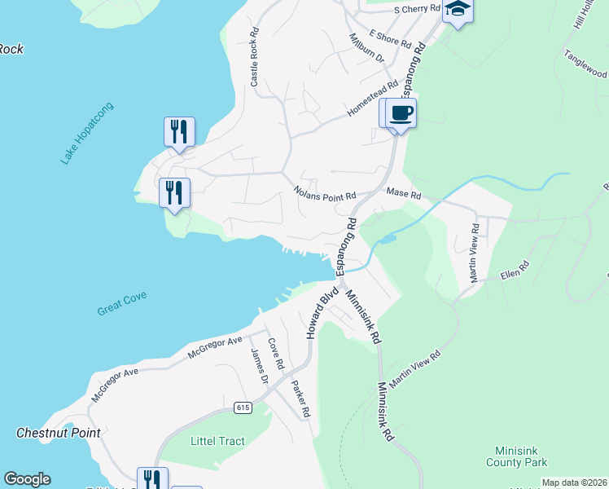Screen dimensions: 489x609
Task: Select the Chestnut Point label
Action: tap(59, 433)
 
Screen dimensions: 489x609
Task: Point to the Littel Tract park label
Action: tap(217, 442)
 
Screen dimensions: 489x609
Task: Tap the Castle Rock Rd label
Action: tap(254, 59)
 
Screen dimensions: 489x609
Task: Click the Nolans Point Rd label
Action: tap(325, 195)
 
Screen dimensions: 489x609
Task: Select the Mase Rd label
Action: tap(404, 196)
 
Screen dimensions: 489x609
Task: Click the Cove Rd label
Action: tap(275, 354)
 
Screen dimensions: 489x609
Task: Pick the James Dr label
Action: tap(259, 365)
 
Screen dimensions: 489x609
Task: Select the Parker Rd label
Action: tap(300, 399)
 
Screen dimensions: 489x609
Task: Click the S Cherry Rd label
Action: tap(416, 10)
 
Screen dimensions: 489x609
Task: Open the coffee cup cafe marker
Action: tap(400, 112)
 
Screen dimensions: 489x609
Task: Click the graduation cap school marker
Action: tap(458, 11)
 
